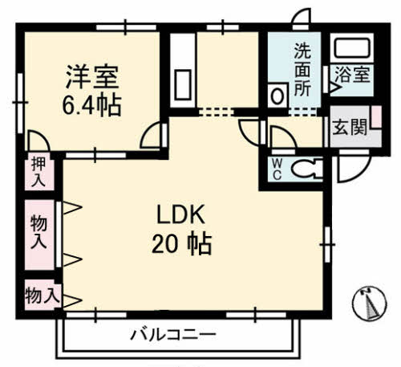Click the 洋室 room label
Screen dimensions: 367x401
92,78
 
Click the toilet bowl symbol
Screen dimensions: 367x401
306,169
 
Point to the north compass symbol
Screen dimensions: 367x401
371,304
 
